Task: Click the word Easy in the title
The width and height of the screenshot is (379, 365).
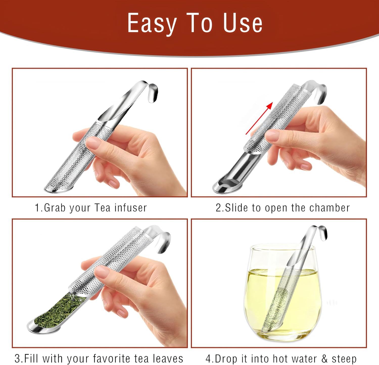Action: (x=152, y=23)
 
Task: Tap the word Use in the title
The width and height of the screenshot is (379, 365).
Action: (x=243, y=23)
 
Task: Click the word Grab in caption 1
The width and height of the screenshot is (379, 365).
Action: (x=55, y=208)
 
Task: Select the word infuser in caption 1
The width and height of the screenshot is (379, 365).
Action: (x=131, y=208)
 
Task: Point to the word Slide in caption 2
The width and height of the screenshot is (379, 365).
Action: (x=236, y=208)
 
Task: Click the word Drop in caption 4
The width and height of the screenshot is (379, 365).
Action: (x=226, y=358)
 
